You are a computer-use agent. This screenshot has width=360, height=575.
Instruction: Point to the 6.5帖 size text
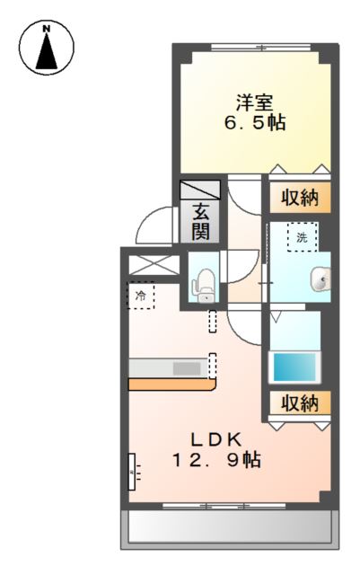click(x=255, y=123)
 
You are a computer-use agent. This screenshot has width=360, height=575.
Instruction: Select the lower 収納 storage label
click(x=297, y=403)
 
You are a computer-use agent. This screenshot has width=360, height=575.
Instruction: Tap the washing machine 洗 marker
click(x=301, y=238)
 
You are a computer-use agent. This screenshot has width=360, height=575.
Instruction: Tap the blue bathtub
click(x=295, y=367)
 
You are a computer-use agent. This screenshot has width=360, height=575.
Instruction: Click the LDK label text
click(x=215, y=439)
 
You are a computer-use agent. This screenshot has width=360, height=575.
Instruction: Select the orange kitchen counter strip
click(x=171, y=385)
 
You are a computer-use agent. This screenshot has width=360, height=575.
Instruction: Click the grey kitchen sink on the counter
click(x=187, y=367)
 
